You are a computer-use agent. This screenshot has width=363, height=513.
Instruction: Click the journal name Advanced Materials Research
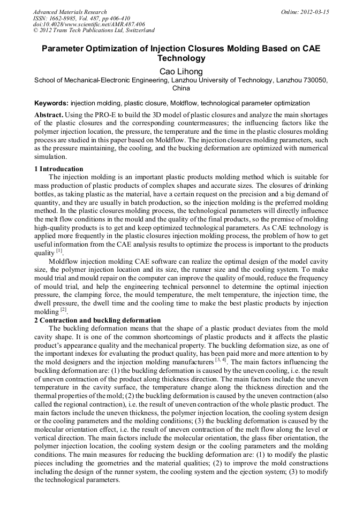click(70, 12)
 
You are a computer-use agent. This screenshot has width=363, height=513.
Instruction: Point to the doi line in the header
click(89, 25)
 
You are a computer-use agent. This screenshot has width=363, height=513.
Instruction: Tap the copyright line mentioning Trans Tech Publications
click(94, 31)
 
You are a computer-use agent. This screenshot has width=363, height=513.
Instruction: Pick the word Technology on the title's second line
click(182, 58)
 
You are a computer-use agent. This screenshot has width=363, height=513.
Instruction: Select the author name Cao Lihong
click(182, 71)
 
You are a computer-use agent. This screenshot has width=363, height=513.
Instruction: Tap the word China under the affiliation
click(182, 88)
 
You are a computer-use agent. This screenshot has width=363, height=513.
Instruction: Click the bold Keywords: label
click(51, 103)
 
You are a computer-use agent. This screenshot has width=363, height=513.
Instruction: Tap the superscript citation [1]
click(59, 235)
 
